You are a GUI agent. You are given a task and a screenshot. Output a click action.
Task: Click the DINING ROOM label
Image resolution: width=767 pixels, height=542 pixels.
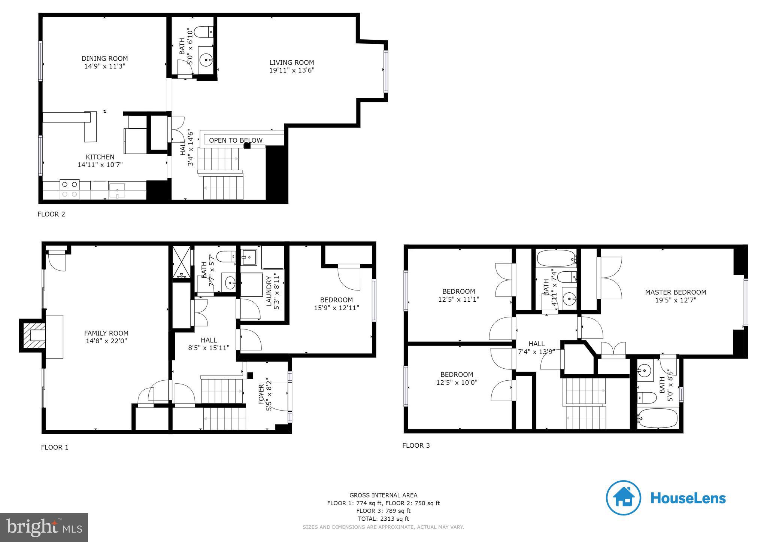click(x=104, y=58)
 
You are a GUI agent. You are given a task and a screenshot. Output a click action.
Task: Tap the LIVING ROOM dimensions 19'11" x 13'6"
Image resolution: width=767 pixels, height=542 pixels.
click(x=291, y=70)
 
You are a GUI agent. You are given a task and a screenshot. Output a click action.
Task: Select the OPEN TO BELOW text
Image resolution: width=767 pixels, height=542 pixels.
click(x=236, y=140)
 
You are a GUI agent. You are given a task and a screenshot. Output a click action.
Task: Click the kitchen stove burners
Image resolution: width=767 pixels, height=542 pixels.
click(x=70, y=189)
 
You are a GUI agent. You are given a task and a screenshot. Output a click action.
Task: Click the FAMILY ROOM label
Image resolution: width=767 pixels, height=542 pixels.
click(x=106, y=333)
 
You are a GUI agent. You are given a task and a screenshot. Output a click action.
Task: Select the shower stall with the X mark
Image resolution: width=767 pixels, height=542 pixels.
click(x=181, y=264)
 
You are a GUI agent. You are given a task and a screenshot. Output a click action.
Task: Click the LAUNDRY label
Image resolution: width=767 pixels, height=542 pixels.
click(x=269, y=291)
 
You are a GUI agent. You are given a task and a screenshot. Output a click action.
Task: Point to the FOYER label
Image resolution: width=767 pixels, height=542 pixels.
click(x=261, y=394)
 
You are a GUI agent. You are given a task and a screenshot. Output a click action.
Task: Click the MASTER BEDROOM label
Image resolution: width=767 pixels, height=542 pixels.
click(x=675, y=292)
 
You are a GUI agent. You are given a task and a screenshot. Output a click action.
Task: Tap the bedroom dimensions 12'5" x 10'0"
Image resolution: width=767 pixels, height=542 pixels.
click(x=457, y=383)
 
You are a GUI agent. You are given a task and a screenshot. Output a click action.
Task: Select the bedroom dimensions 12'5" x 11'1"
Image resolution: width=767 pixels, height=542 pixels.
click(x=458, y=299)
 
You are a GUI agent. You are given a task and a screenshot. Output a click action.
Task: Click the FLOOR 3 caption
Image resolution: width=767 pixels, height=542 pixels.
click(x=416, y=445)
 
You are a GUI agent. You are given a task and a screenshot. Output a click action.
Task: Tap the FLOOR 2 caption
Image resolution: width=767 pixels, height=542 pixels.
click(x=51, y=214)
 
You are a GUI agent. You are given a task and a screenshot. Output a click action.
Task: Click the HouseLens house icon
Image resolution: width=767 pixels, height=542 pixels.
click(x=623, y=498)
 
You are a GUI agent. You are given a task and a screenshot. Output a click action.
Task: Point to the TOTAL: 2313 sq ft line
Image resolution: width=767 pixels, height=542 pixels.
click(x=383, y=519)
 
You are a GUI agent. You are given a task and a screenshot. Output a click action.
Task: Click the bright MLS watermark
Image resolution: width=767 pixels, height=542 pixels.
click(x=44, y=528)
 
